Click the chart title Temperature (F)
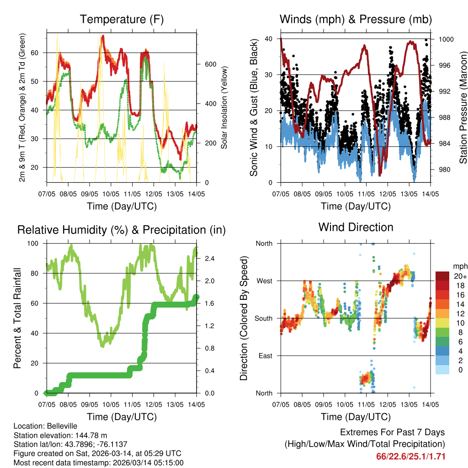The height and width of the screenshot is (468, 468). [x=122, y=19]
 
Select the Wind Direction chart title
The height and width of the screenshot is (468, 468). [x=356, y=227]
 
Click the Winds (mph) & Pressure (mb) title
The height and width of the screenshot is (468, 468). [x=356, y=19]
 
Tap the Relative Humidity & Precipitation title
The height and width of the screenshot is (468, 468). [x=122, y=230]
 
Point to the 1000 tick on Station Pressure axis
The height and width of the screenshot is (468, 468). [x=446, y=39]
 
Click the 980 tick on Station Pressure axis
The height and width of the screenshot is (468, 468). [x=444, y=170]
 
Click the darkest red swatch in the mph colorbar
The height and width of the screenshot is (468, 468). [x=442, y=276]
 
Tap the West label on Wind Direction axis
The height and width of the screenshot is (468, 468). [x=264, y=281]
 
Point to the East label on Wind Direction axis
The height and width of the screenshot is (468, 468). [x=265, y=356]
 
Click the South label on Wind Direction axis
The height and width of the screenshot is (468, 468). [x=264, y=319]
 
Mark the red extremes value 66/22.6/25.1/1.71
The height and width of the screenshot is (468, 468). [x=410, y=457]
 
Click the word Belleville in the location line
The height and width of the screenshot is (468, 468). [x=61, y=426]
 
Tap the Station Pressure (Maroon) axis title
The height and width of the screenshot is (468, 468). [x=463, y=107]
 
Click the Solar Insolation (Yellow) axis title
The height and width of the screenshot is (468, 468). [x=224, y=107]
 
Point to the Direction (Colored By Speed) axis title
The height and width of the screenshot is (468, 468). [x=244, y=318]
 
